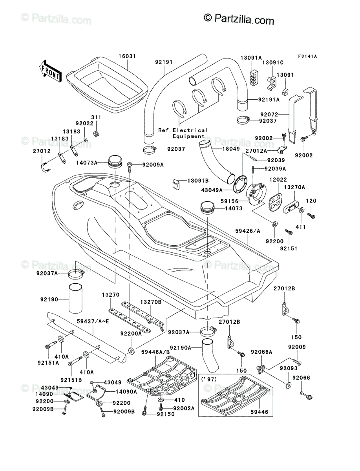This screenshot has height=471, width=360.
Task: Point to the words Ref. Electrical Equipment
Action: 183,133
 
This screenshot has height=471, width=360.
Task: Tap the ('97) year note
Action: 209,380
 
